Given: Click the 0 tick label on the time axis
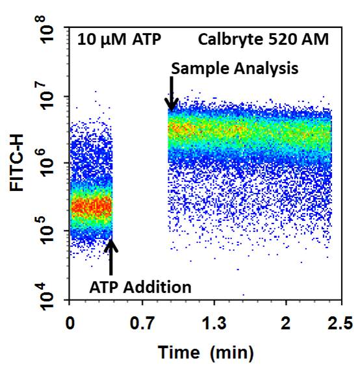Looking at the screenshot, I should tap(70, 323).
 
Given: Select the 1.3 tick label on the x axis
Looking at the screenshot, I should tap(214, 323).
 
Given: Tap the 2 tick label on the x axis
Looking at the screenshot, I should tap(285, 323).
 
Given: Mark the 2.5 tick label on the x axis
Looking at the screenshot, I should tap(339, 323).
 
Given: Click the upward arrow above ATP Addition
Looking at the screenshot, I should tap(110, 257).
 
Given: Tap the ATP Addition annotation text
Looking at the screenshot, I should tap(140, 286).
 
